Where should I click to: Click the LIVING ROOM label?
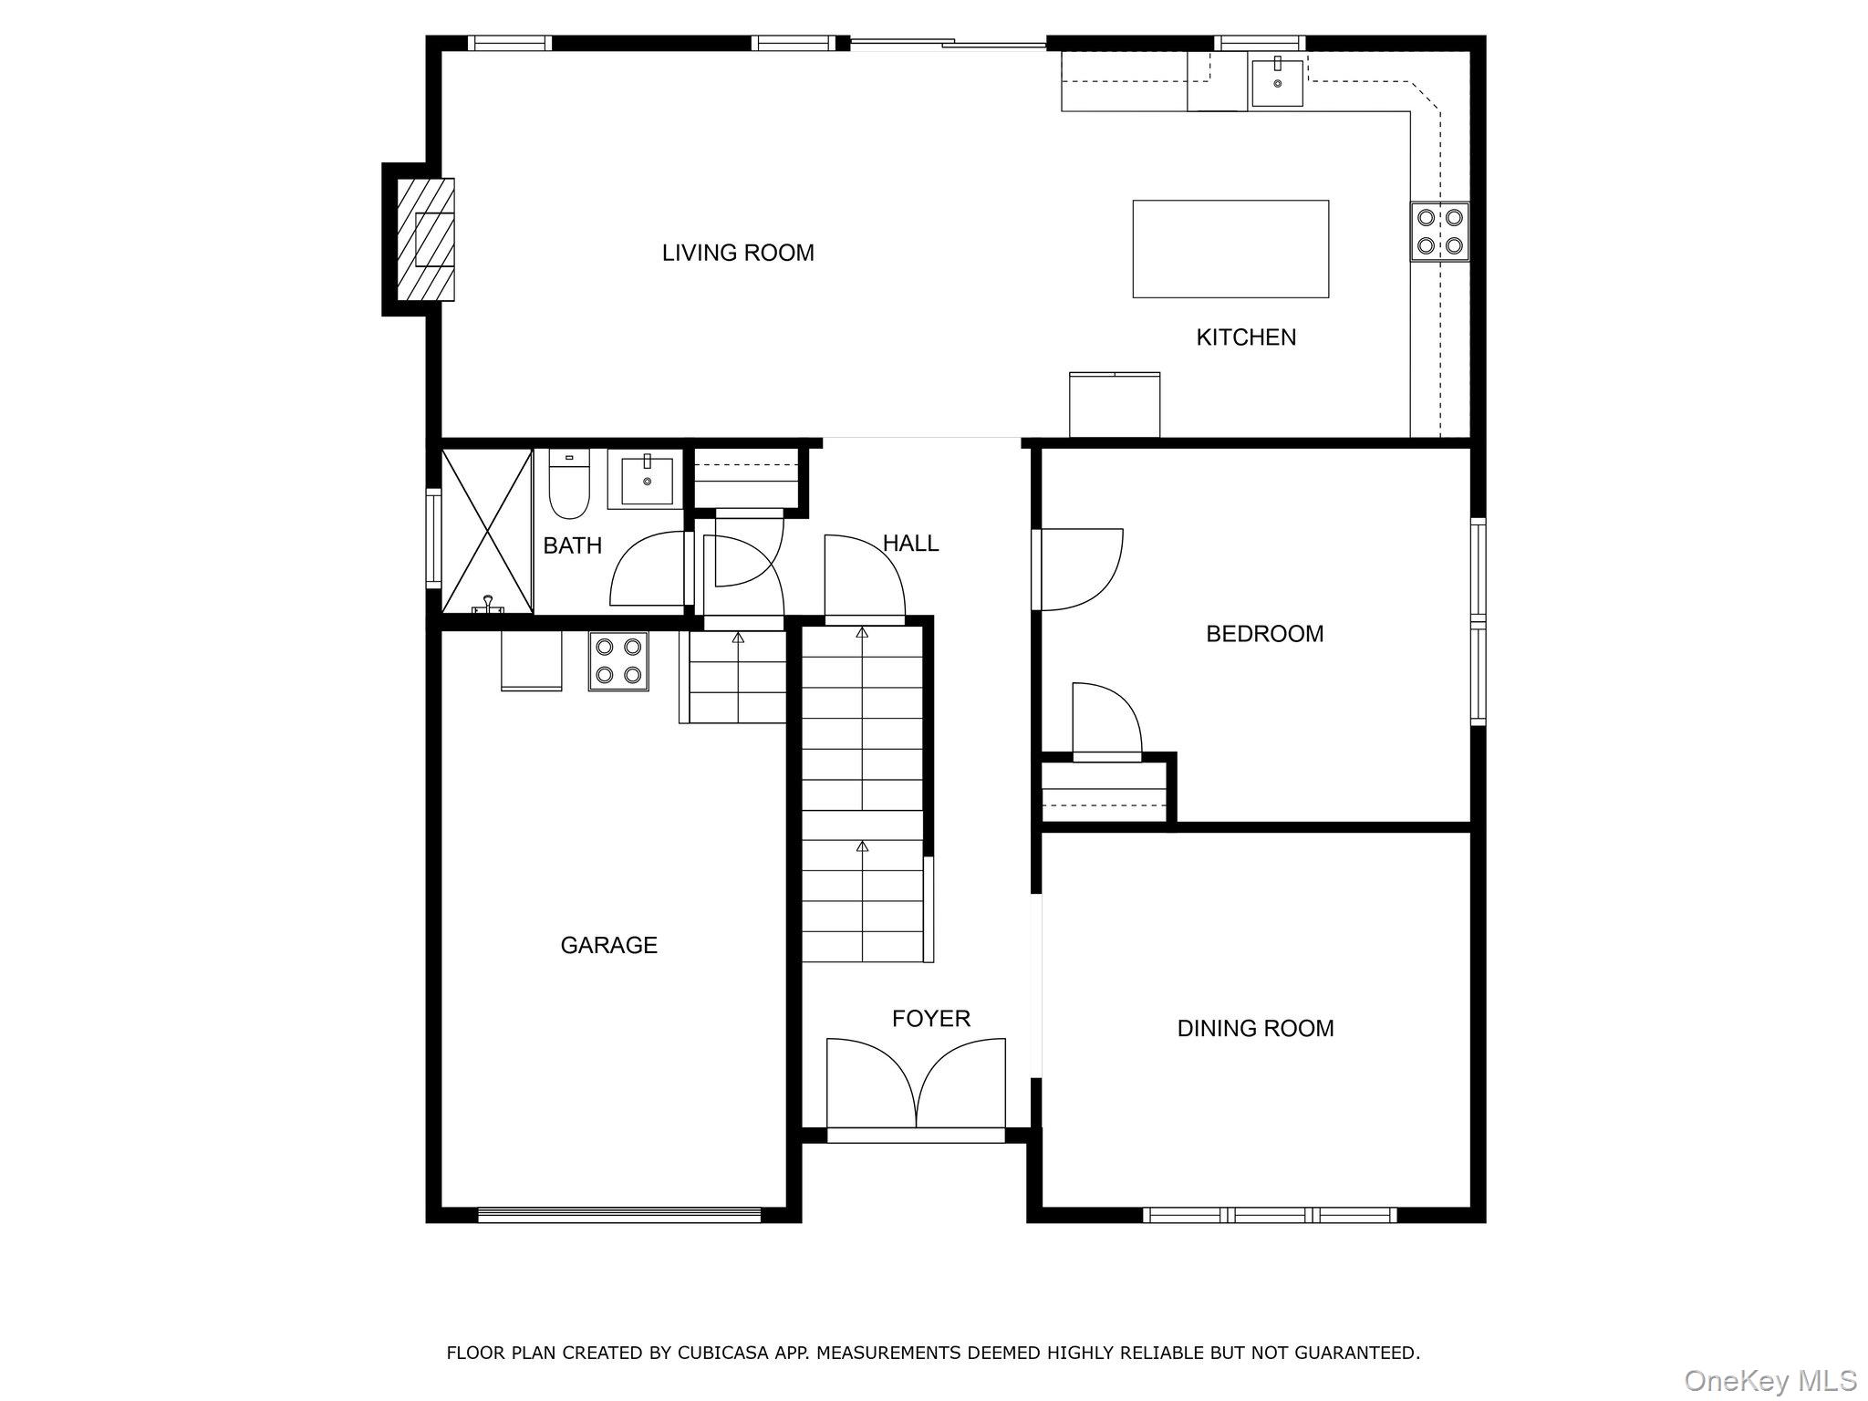click(x=737, y=253)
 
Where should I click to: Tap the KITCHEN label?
click(x=1245, y=337)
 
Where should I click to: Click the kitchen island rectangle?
click(x=1230, y=248)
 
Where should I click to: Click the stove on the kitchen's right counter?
click(x=1439, y=232)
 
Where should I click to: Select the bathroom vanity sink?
click(x=647, y=482)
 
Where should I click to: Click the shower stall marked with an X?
click(x=487, y=530)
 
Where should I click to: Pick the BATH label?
click(x=572, y=545)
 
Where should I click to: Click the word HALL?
click(x=909, y=544)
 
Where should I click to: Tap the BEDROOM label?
click(x=1264, y=634)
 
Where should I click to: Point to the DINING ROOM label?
click(x=1255, y=1029)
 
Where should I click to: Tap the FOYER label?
click(x=930, y=1018)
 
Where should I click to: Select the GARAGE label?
click(x=608, y=945)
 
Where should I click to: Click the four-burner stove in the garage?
click(x=617, y=661)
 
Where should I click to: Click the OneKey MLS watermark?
click(x=1769, y=1380)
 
